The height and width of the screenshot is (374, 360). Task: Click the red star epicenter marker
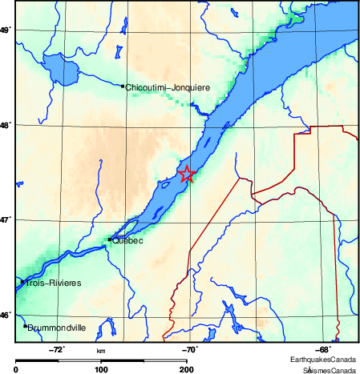point(187,174)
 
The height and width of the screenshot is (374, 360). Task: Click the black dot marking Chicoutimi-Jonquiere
point(122,86)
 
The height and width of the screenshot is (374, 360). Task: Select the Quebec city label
point(128,239)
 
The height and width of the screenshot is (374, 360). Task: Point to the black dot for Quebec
point(109,239)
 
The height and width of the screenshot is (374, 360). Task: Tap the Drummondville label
point(57,328)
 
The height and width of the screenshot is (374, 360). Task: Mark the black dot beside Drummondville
point(25,326)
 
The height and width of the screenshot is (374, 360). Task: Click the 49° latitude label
point(6,30)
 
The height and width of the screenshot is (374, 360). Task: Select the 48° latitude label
point(6,125)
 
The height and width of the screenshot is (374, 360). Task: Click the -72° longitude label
point(58,349)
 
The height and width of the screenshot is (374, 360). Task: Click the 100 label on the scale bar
point(101,369)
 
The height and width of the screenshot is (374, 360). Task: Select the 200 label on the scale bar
point(186,369)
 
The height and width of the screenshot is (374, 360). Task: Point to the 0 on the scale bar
point(17,369)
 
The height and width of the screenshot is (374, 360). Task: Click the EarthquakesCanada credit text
point(324,360)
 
